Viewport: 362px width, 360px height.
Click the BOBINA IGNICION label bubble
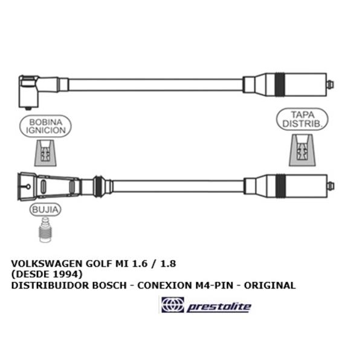(x=45, y=126)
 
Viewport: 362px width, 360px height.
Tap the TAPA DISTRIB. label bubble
(x=302, y=119)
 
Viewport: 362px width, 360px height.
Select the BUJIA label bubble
(x=45, y=209)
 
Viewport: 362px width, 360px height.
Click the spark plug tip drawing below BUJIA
(x=45, y=230)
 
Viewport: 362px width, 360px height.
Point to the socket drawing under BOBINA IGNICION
(x=45, y=152)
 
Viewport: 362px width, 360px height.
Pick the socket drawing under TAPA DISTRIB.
(x=302, y=150)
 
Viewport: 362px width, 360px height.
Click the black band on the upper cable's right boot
(x=280, y=85)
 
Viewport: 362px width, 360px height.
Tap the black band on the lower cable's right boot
(x=281, y=186)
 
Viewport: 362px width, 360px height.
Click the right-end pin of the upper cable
(x=331, y=84)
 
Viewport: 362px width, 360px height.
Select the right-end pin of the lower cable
(x=331, y=186)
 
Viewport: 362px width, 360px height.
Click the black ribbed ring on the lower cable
(x=99, y=186)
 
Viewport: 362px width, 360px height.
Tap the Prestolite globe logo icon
(x=173, y=305)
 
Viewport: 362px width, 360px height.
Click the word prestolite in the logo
(x=219, y=307)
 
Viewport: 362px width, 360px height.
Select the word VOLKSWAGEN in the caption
(x=47, y=264)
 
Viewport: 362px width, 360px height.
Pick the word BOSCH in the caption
(x=109, y=286)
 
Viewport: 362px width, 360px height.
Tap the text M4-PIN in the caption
(x=214, y=286)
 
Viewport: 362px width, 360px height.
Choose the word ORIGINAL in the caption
(x=270, y=286)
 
